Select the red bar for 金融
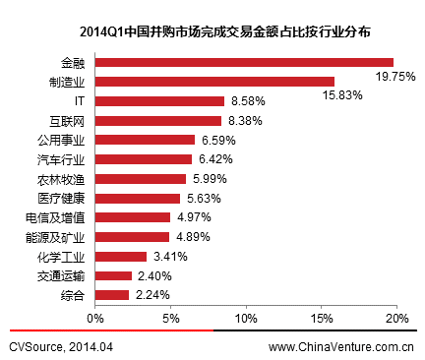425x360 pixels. pyautogui.click(x=244, y=62)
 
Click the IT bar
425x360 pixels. pyautogui.click(x=159, y=101)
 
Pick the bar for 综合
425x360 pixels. pyautogui.click(x=112, y=295)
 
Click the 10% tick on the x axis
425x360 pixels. pyautogui.click(x=246, y=318)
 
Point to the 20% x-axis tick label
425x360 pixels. pyautogui.click(x=396, y=318)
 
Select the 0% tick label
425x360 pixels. pyautogui.click(x=95, y=318)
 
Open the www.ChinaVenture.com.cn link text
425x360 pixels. pyautogui.click(x=340, y=346)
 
